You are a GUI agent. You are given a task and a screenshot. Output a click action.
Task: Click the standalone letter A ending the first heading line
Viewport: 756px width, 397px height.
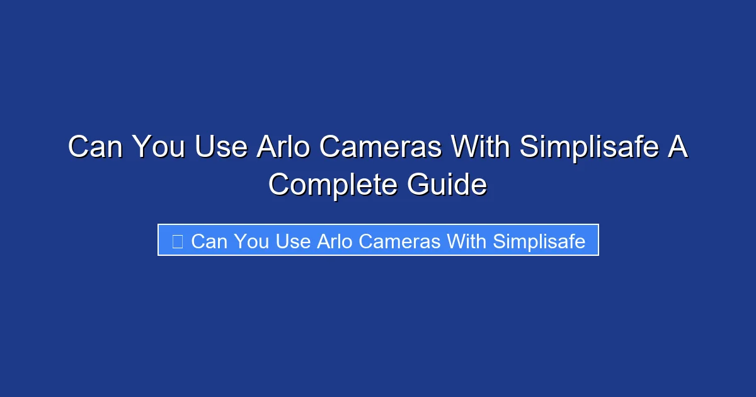[678, 147]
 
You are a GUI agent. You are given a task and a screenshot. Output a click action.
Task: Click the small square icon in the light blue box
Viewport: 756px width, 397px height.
[178, 241]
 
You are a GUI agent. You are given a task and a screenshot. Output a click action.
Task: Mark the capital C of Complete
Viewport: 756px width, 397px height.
[280, 185]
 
